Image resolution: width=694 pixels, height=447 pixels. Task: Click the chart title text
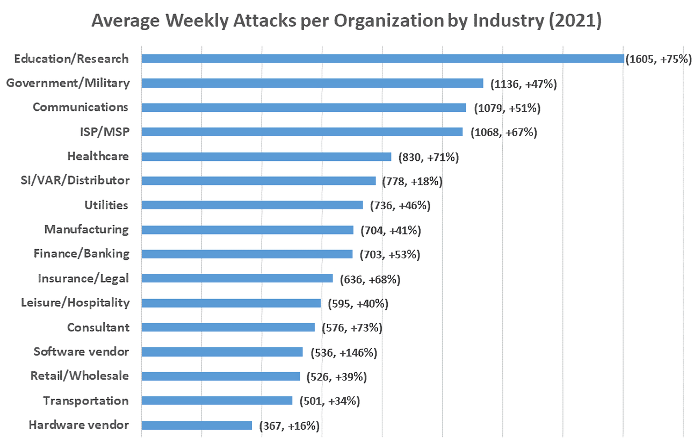[346, 22]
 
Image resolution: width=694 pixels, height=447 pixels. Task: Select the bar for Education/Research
[382, 59]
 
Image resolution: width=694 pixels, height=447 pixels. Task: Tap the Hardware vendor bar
[197, 425]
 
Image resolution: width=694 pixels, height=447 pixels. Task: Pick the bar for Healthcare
[266, 157]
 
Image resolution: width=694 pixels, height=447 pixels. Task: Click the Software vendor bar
[222, 352]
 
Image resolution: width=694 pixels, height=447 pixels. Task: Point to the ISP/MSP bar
[302, 132]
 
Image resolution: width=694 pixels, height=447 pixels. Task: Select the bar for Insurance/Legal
[237, 279]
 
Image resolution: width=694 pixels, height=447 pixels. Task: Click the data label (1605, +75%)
[658, 59]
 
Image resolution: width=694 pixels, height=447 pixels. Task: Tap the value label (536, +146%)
[344, 353]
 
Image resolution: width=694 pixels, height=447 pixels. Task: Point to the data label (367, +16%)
[290, 426]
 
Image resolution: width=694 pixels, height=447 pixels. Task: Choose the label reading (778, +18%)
[412, 181]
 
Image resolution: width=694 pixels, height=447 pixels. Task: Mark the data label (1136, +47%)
[524, 84]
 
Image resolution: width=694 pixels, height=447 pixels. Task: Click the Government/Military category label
[67, 83]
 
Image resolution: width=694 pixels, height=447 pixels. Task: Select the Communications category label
[81, 107]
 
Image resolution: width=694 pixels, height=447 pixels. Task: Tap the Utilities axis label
[106, 205]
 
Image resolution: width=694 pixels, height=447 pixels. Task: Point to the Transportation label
[86, 401]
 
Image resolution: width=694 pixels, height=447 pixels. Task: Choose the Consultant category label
[98, 327]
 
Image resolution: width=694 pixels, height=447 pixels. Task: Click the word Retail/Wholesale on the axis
[79, 375]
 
